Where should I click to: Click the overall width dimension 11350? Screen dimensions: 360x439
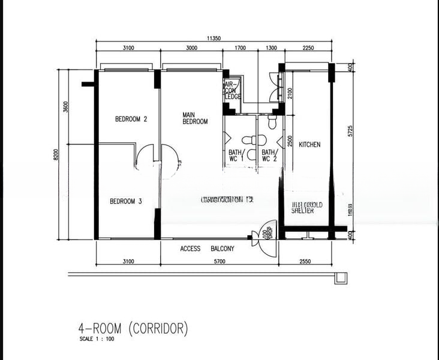coord(214,38)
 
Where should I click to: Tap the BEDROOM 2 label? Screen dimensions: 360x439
coord(131,119)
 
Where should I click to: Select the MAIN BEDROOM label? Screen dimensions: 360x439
coord(195,118)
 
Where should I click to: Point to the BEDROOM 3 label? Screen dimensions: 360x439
coord(125,202)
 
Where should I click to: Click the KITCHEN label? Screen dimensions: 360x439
coord(309,145)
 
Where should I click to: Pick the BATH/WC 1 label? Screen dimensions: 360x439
coord(236,155)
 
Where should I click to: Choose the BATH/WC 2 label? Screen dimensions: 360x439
coord(269,155)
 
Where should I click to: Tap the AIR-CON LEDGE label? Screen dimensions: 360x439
coord(232,91)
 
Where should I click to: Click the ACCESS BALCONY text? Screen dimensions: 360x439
coord(207,248)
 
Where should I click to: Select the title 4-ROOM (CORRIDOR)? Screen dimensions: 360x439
coord(133,328)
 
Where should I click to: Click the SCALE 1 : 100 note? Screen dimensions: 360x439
coord(97,340)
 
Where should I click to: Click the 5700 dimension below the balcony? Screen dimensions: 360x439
coord(219,261)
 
